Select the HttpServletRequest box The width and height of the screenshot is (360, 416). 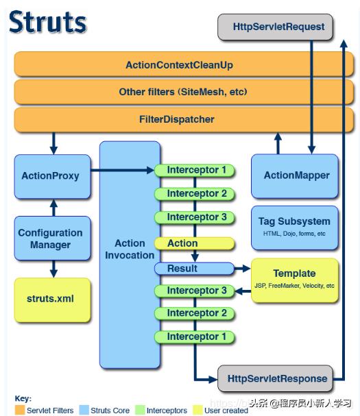pyautogui.click(x=275, y=27)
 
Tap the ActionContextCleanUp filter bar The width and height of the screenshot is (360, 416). pyautogui.click(x=180, y=65)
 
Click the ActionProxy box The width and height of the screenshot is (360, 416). pyautogui.click(x=50, y=176)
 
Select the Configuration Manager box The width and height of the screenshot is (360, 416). pyautogui.click(x=50, y=238)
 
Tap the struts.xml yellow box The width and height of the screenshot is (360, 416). pyautogui.click(x=50, y=299)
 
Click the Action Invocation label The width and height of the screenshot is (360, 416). pyautogui.click(x=130, y=249)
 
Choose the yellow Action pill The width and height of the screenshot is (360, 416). pyautogui.click(x=182, y=243)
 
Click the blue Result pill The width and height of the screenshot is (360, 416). pyautogui.click(x=182, y=269)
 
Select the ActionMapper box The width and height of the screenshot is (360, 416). pyautogui.click(x=296, y=176)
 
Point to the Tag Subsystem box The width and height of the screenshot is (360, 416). pyautogui.click(x=294, y=226)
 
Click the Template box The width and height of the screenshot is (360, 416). pyautogui.click(x=294, y=278)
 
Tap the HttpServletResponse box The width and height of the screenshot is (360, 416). pyautogui.click(x=275, y=378)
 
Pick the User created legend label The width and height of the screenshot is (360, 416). pyautogui.click(x=226, y=411)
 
